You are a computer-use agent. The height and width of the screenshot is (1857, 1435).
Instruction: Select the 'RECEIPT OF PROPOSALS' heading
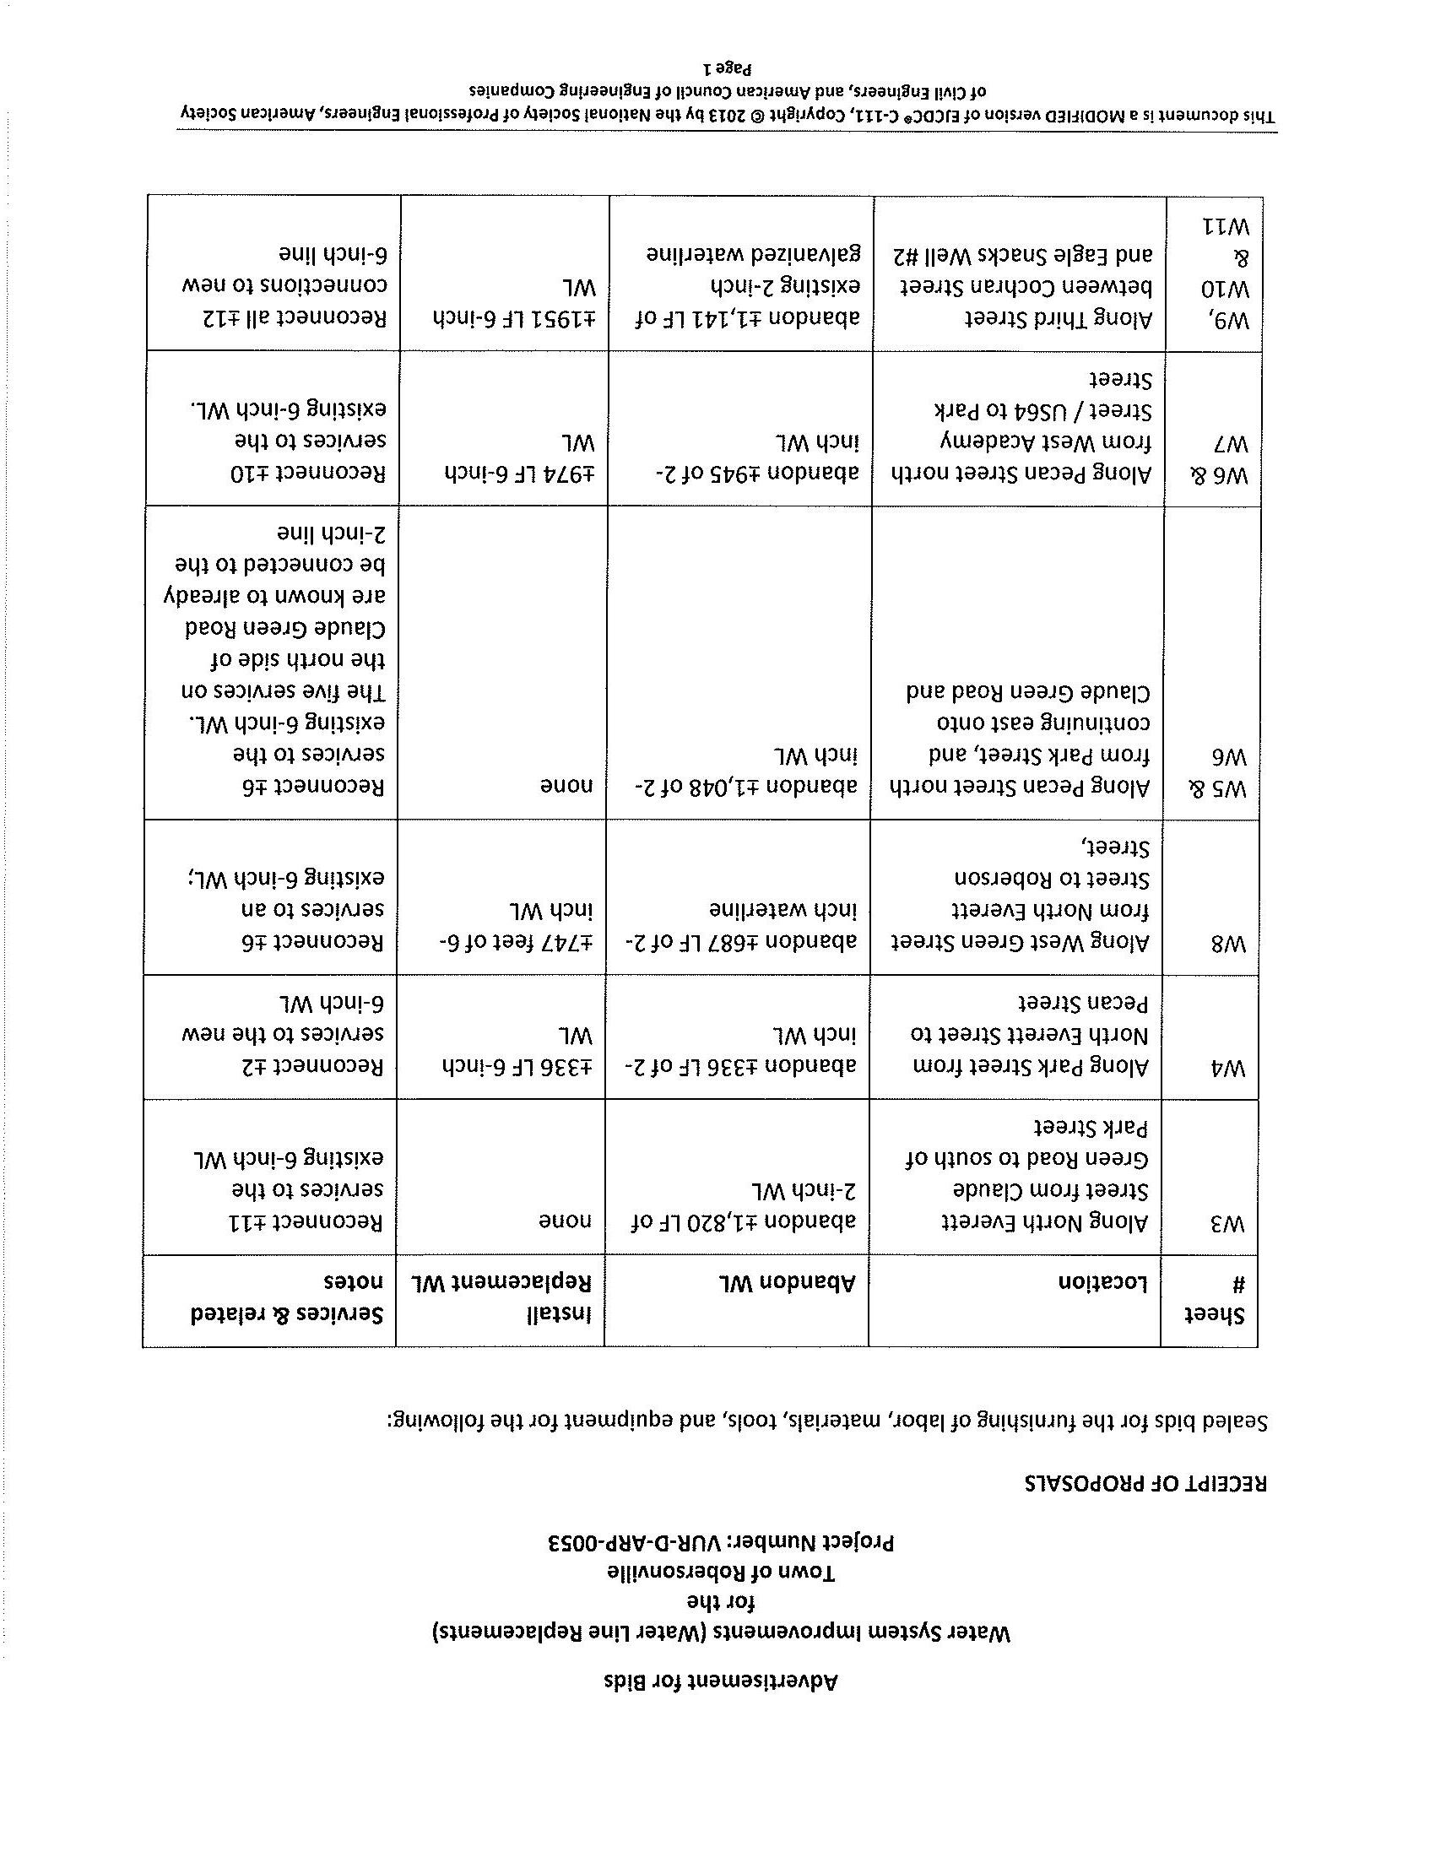click(x=1146, y=1484)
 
